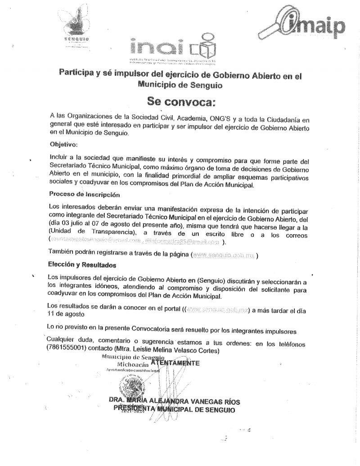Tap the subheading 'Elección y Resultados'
(82, 265)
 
